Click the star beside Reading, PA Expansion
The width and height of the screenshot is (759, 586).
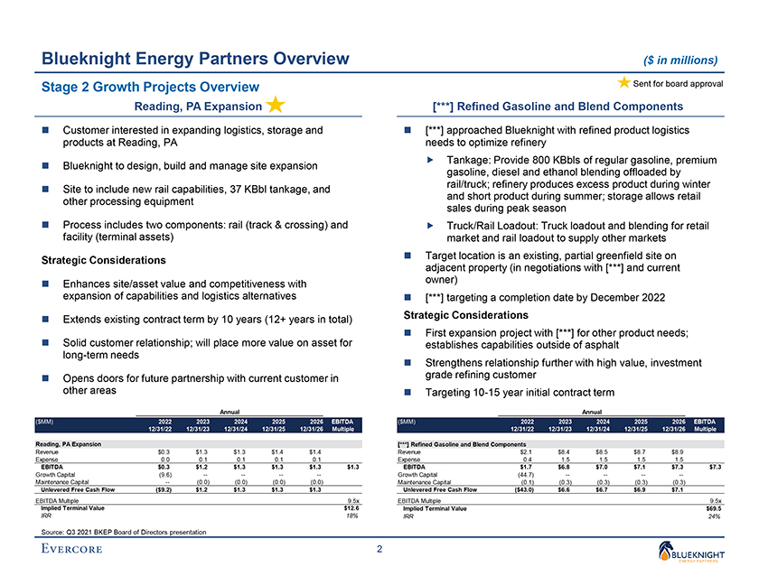pyautogui.click(x=276, y=106)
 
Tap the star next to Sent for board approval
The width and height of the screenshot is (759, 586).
pyautogui.click(x=623, y=83)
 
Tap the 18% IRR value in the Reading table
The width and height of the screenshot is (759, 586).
pyautogui.click(x=354, y=516)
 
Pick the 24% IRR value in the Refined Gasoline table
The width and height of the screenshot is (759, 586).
pyautogui.click(x=714, y=516)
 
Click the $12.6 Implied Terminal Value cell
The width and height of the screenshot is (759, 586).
pyautogui.click(x=352, y=508)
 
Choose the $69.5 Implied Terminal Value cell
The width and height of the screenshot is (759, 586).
pyautogui.click(x=713, y=508)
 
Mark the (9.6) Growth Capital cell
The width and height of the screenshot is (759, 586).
pyautogui.click(x=164, y=472)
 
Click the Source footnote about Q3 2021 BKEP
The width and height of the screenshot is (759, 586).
pyautogui.click(x=117, y=532)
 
